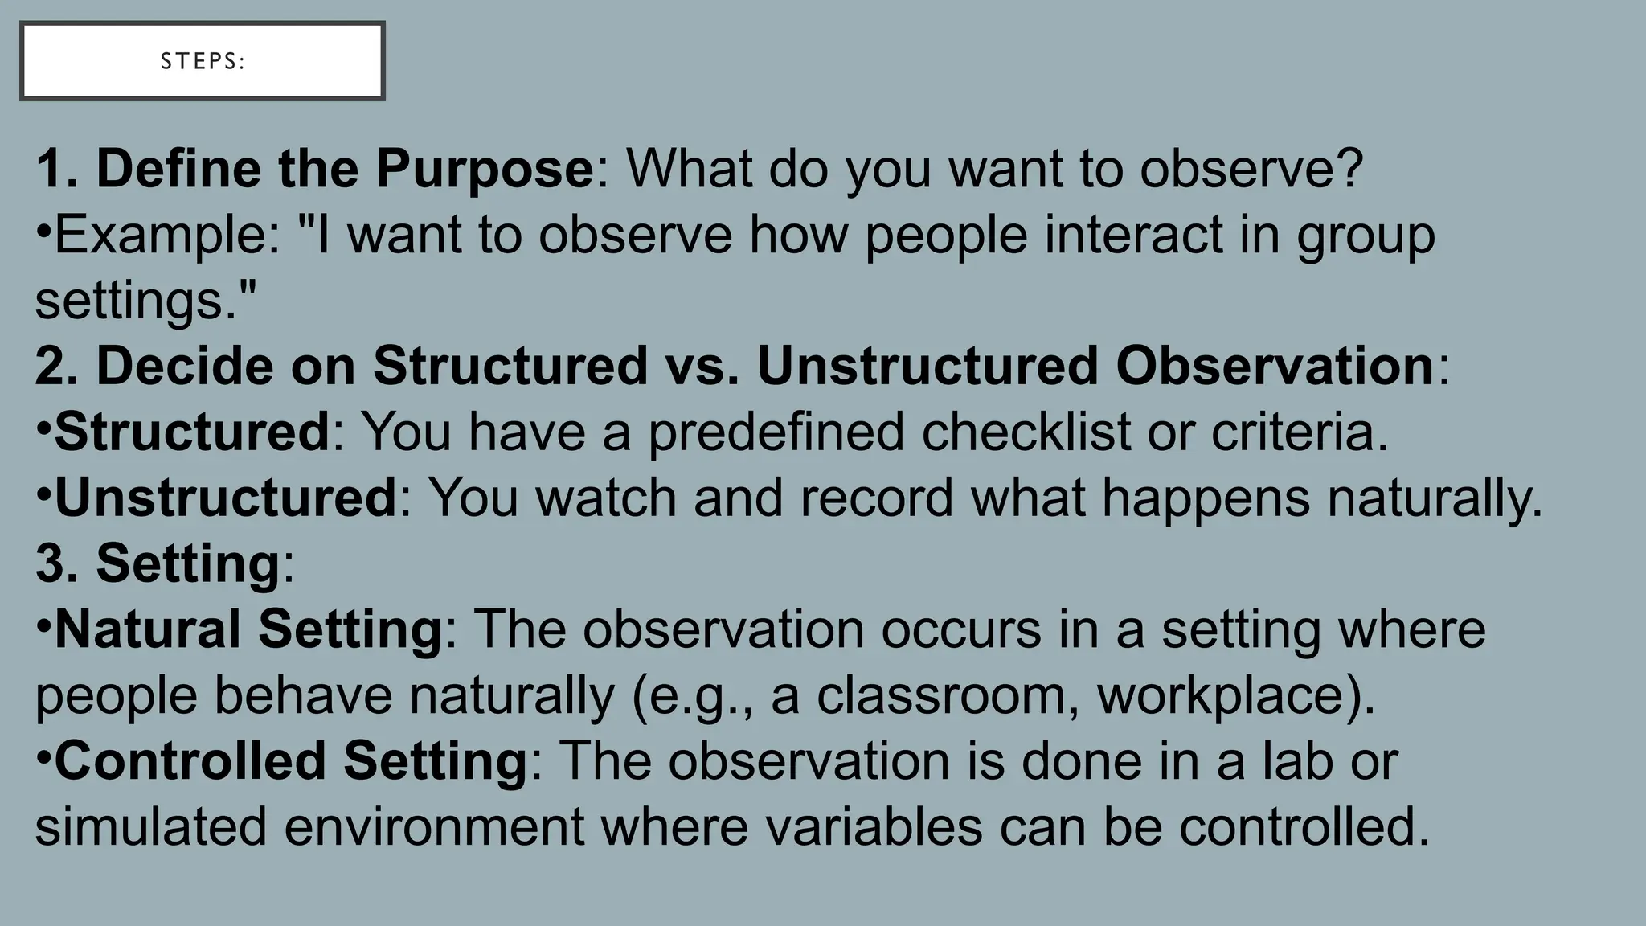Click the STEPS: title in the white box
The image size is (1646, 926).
(203, 62)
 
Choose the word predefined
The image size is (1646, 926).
(776, 432)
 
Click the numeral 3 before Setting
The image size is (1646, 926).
(50, 563)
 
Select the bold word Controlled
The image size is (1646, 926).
(190, 761)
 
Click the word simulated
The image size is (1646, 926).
(150, 827)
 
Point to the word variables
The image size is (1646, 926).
(873, 827)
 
